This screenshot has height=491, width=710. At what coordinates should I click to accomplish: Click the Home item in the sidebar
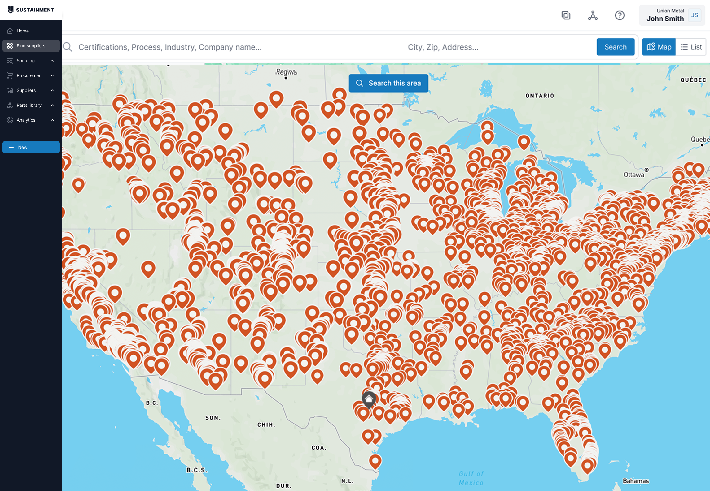23,31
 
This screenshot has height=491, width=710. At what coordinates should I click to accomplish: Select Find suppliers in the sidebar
31,46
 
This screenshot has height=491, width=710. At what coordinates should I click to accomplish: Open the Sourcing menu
26,61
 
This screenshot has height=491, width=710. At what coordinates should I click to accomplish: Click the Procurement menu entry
30,75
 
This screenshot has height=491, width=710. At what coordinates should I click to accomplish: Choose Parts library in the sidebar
29,105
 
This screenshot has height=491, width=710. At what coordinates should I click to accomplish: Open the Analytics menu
26,120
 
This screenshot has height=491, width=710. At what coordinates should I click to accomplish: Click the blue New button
31,147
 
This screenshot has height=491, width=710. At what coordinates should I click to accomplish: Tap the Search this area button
388,83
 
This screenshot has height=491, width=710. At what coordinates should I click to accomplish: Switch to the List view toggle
691,47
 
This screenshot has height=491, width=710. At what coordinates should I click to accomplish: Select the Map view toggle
659,47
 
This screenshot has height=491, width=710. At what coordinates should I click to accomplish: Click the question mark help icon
620,15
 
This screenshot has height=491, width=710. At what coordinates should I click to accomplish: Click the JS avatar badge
695,15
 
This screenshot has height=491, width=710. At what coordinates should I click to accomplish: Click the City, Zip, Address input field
496,47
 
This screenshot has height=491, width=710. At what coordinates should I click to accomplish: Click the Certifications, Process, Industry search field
217,47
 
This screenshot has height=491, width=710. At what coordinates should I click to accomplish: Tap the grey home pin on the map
369,398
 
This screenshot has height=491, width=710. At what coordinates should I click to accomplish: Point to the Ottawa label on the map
634,175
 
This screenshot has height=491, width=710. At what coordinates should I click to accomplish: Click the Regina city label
286,72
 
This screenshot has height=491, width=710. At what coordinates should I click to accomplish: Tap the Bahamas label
636,481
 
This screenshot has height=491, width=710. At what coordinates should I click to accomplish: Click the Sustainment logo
31,10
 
